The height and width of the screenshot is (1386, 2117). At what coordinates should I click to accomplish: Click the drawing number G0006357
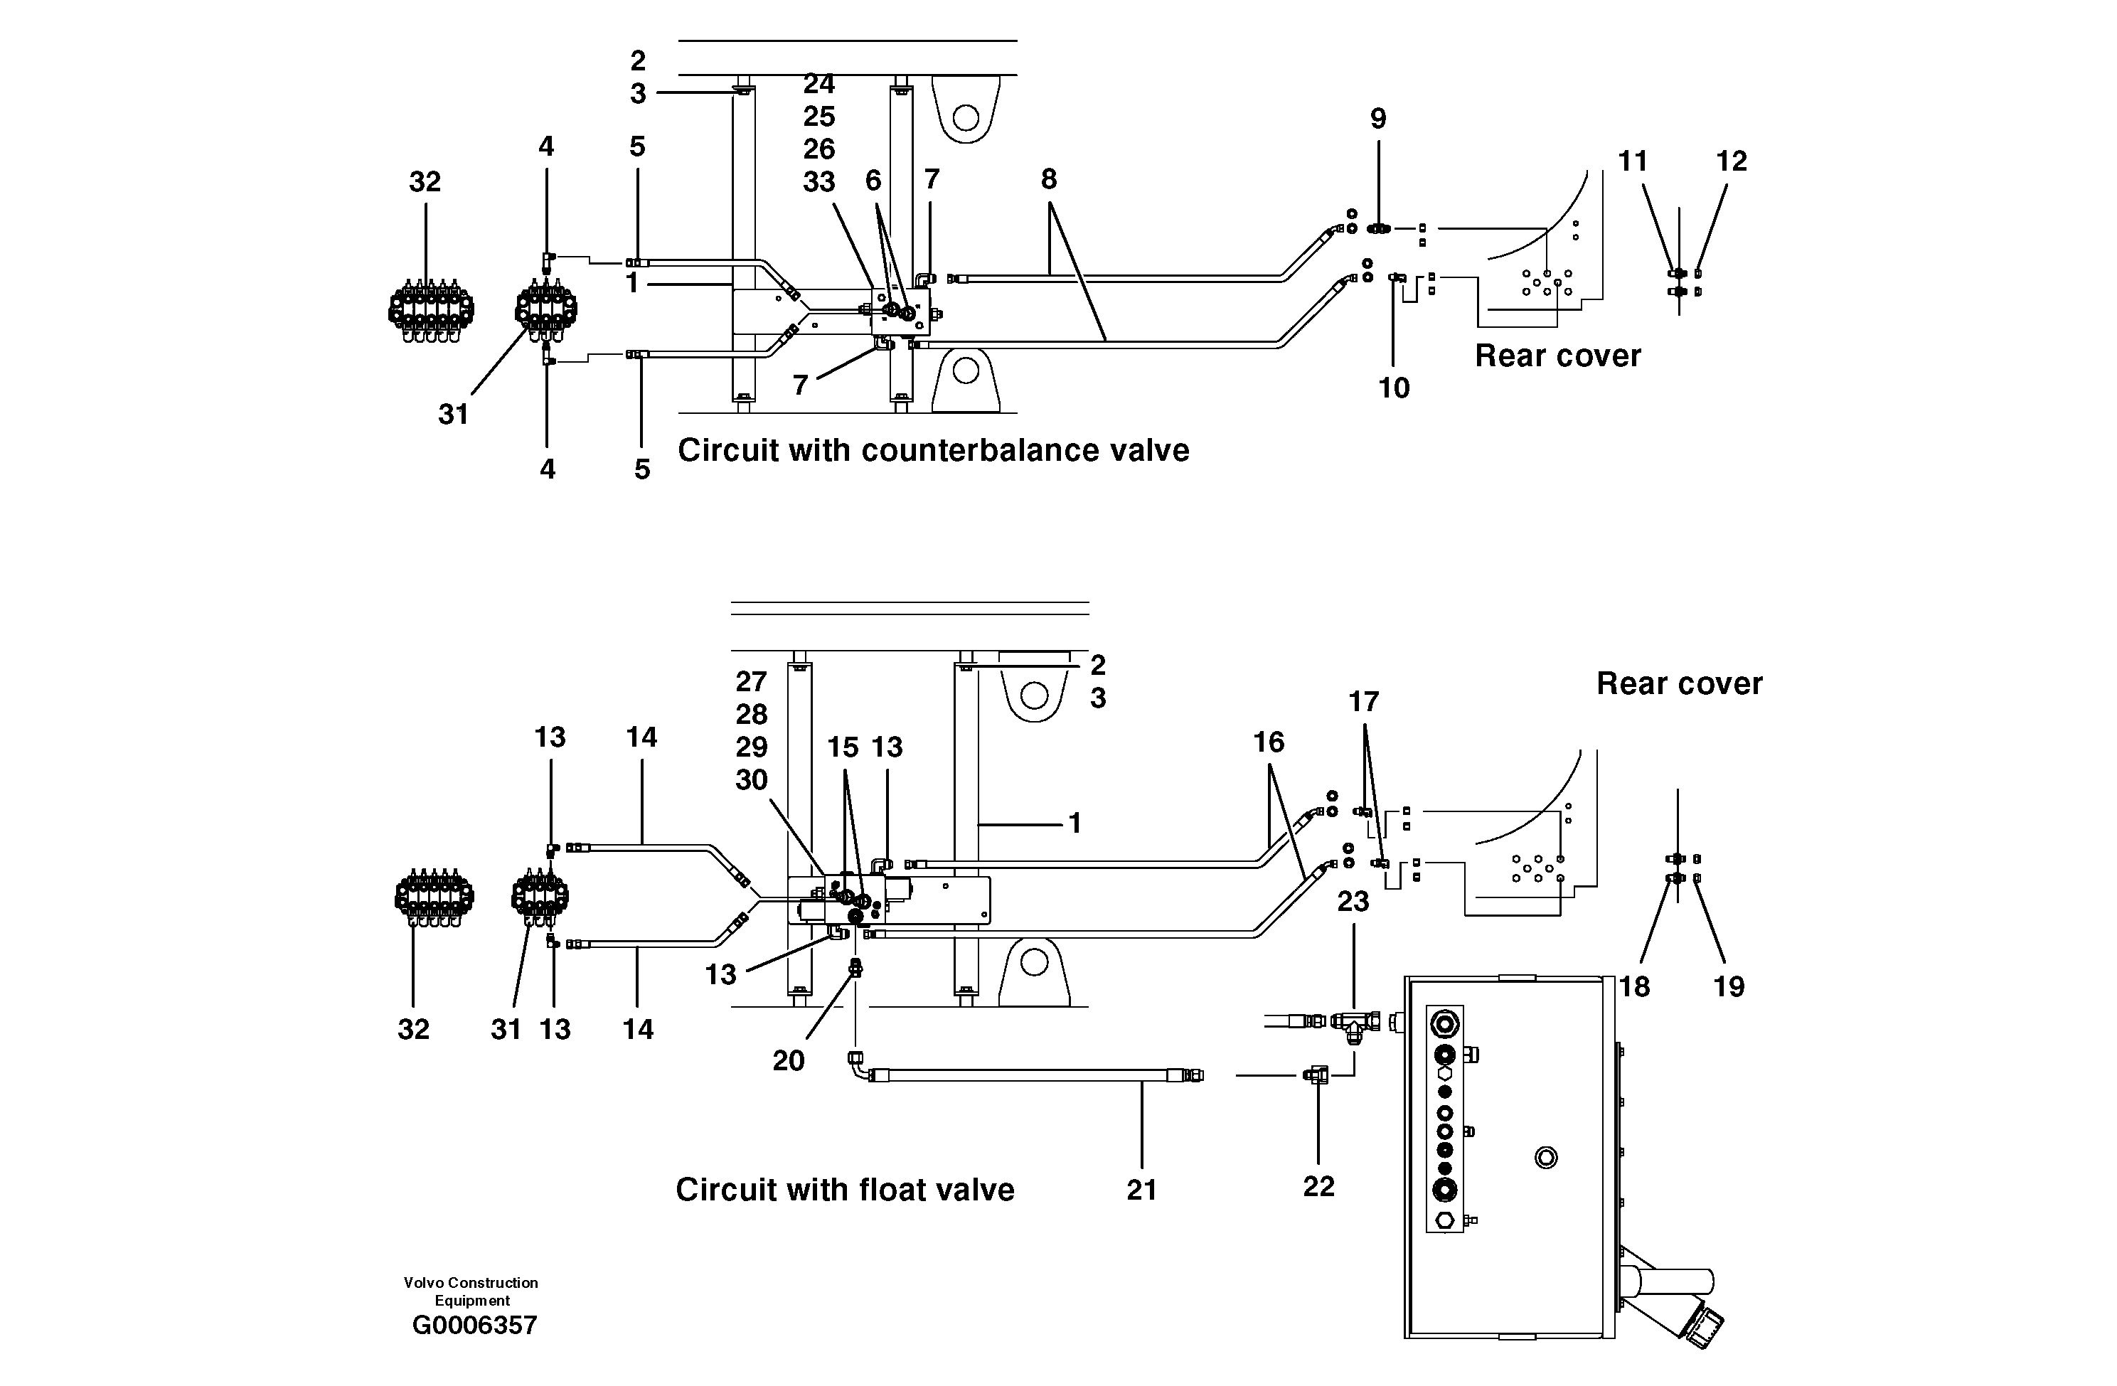474,1326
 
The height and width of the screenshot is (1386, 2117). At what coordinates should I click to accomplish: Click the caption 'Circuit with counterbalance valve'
933,450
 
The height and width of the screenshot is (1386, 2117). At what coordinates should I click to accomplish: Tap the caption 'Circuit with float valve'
844,1190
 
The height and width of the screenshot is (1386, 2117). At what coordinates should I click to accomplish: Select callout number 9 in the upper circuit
1378,118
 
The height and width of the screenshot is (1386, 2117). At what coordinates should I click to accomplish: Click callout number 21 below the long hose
1141,1190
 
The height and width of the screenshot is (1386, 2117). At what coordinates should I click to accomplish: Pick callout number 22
1318,1186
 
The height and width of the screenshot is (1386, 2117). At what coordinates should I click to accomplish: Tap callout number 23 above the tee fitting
1353,901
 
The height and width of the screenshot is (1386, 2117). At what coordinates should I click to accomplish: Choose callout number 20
788,1060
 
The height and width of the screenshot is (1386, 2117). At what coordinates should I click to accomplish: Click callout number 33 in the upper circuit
818,181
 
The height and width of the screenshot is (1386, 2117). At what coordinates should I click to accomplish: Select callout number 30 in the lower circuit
751,780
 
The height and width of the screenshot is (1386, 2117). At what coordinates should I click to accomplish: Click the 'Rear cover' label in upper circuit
1557,356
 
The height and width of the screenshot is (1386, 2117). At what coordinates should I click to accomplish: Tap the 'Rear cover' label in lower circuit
1678,684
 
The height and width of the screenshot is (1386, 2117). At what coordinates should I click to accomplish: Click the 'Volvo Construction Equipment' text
471,1291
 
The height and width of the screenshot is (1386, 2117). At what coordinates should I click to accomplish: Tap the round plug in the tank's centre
1546,1158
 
